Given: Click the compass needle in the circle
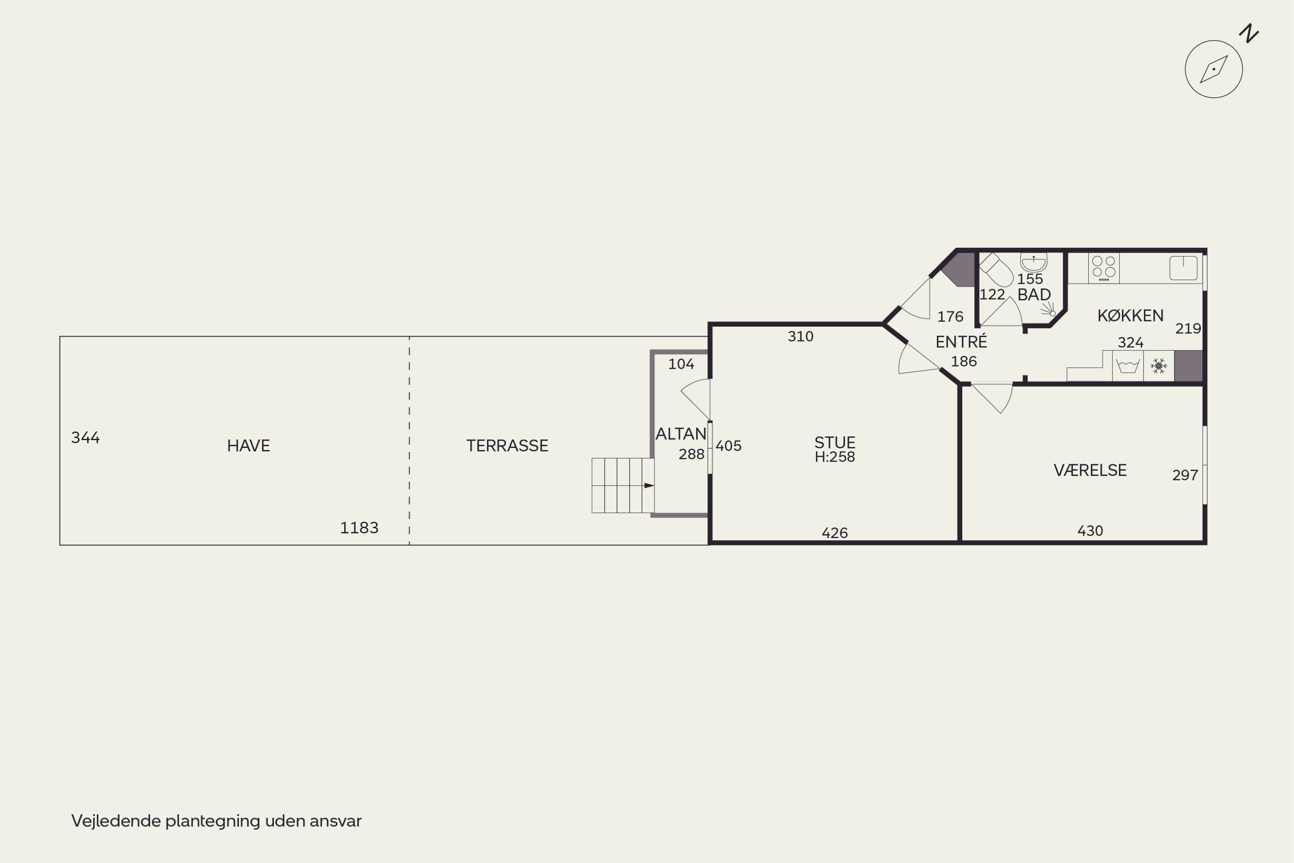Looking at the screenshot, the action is [x=1214, y=69].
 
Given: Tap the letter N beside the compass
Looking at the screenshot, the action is [x=1249, y=33].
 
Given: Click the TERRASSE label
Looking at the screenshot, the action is [x=507, y=446].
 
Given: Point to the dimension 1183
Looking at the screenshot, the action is [x=359, y=528].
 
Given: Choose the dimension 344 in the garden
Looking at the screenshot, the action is [x=85, y=438].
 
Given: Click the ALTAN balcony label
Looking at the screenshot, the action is [x=681, y=434].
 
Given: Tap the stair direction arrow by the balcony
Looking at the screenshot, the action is [x=649, y=485].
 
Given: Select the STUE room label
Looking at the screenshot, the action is [x=835, y=443].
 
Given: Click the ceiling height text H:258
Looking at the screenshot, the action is [x=835, y=457].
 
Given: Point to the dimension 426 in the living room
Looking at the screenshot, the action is [x=835, y=533].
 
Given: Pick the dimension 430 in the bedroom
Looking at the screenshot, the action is [x=1090, y=531].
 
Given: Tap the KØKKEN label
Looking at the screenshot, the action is [x=1131, y=315].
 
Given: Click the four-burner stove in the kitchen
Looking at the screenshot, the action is [x=1104, y=268].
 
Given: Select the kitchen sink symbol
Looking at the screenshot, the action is [x=1184, y=268].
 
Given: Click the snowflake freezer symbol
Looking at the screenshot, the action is [x=1159, y=365].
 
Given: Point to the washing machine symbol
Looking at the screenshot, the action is [x=1128, y=366].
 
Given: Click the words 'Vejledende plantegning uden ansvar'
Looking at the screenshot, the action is [x=216, y=821].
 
